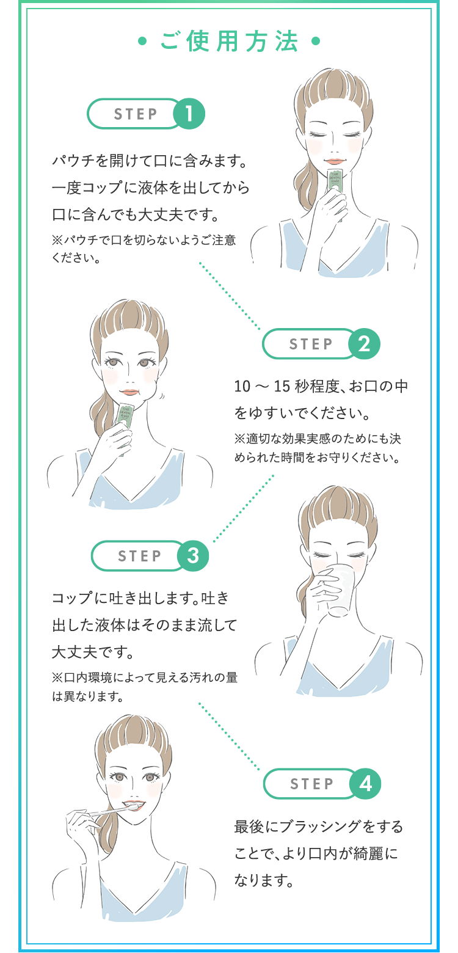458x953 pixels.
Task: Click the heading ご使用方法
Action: point(229,42)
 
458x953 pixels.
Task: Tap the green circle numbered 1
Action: point(189,114)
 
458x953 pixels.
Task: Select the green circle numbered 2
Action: point(364,344)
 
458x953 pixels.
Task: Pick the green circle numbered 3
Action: point(192,556)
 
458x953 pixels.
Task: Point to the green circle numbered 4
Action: point(365,783)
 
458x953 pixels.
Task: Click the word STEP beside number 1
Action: point(136,114)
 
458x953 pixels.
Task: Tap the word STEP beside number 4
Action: point(311,784)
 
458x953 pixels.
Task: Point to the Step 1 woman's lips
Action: point(334,162)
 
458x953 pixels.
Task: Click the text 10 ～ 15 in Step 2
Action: point(262,386)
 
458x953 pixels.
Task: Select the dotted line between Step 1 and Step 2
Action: point(230,296)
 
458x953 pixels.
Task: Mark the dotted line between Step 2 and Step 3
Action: point(243,508)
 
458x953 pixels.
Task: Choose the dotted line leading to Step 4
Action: point(229,736)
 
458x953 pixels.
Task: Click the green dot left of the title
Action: point(142,42)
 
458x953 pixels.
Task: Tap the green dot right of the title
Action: point(316,42)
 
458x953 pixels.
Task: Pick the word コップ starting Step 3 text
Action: point(73,598)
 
